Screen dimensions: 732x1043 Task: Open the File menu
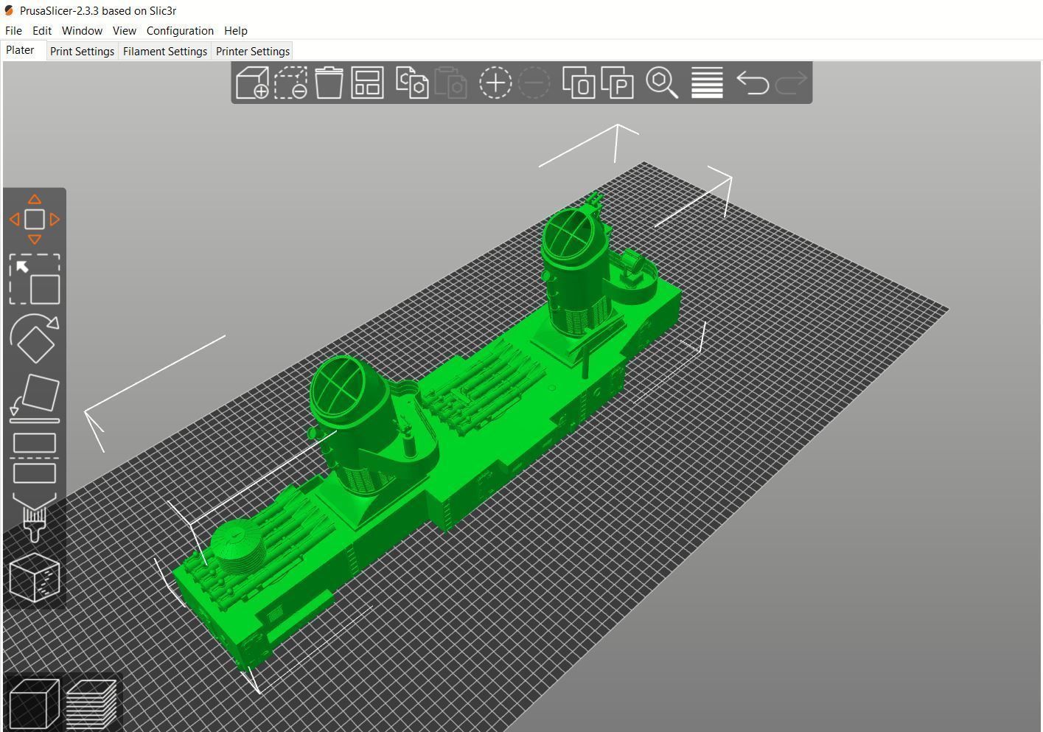click(x=13, y=31)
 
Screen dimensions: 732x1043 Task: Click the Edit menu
click(x=42, y=31)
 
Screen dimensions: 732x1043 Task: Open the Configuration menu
click(x=180, y=31)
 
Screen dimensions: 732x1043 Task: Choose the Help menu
click(x=236, y=31)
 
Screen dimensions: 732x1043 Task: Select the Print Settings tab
click(x=82, y=52)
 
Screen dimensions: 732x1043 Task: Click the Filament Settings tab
click(x=165, y=52)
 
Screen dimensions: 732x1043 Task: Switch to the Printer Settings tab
click(x=252, y=52)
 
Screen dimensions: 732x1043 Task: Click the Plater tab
click(x=21, y=50)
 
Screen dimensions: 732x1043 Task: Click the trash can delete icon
click(x=329, y=83)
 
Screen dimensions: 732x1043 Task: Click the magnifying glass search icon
click(x=661, y=83)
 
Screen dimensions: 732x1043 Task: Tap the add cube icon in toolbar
click(x=252, y=83)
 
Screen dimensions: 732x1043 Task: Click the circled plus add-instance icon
click(x=495, y=83)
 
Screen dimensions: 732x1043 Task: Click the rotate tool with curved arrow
click(x=35, y=338)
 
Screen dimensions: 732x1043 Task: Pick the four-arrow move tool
click(x=35, y=219)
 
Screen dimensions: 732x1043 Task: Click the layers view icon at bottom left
click(x=91, y=703)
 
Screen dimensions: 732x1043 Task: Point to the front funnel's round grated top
click(x=340, y=388)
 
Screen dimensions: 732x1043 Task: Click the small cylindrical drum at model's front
click(x=237, y=546)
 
